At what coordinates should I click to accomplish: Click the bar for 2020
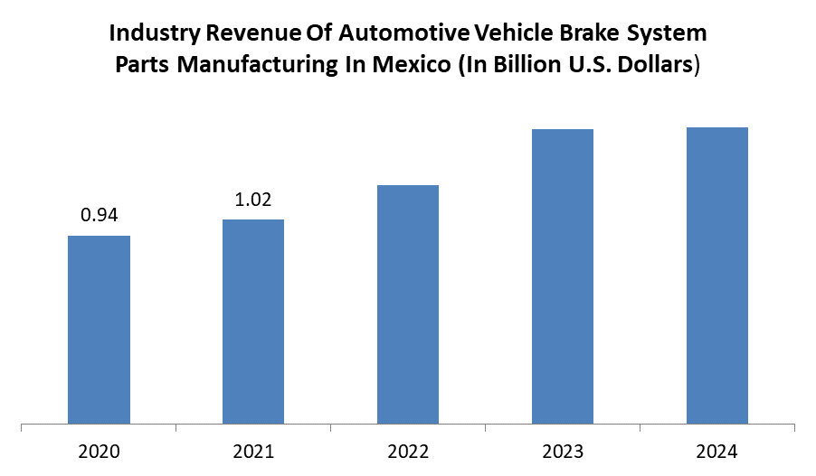[x=100, y=330]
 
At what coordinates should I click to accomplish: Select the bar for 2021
[x=253, y=322]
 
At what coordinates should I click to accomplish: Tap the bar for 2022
[x=408, y=304]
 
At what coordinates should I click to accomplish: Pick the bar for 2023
[x=563, y=276]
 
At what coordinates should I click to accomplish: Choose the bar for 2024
[x=717, y=275]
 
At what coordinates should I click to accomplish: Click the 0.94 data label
[x=100, y=215]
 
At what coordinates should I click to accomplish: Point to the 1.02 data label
[x=253, y=200]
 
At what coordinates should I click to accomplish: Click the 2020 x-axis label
[x=100, y=450]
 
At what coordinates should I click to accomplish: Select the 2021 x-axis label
[x=253, y=450]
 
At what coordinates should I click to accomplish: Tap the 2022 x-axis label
[x=408, y=450]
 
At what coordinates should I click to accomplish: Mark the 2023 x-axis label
[x=563, y=450]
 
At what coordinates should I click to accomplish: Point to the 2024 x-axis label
[x=717, y=450]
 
